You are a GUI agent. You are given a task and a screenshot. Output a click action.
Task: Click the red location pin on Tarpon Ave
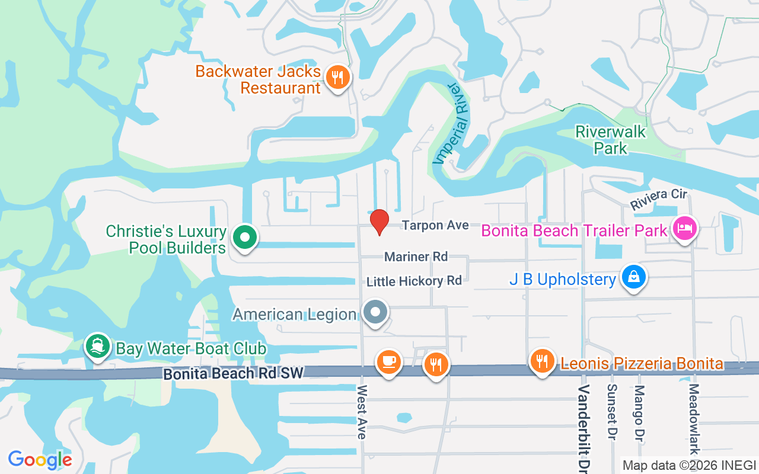click(x=379, y=222)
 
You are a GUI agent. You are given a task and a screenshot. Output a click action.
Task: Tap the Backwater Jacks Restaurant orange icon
click(x=337, y=77)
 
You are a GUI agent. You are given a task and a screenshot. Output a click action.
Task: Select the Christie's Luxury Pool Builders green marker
click(x=243, y=237)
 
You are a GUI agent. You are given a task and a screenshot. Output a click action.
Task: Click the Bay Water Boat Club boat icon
click(x=97, y=346)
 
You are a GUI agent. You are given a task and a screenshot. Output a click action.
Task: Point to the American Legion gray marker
click(x=375, y=312)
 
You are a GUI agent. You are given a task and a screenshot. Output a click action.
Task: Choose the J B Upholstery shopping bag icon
click(x=634, y=276)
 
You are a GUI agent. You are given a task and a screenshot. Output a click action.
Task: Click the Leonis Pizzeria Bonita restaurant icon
click(x=542, y=361)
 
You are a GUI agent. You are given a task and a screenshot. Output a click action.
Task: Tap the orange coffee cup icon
click(x=388, y=361)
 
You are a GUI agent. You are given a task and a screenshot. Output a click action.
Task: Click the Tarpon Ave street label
click(x=435, y=225)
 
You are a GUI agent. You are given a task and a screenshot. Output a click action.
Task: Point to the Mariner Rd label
click(x=416, y=257)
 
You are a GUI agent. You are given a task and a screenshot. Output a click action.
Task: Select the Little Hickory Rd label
click(x=414, y=281)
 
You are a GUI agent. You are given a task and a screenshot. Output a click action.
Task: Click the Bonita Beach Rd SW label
click(x=233, y=373)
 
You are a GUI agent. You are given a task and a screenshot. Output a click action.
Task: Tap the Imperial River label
click(x=451, y=124)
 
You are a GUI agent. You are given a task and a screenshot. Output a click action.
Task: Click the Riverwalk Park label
click(x=611, y=139)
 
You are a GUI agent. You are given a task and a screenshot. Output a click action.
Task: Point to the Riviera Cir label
click(x=658, y=199)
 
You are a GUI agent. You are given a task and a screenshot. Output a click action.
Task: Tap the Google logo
click(x=40, y=459)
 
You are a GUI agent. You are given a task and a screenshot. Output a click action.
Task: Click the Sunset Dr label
click(x=611, y=412)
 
